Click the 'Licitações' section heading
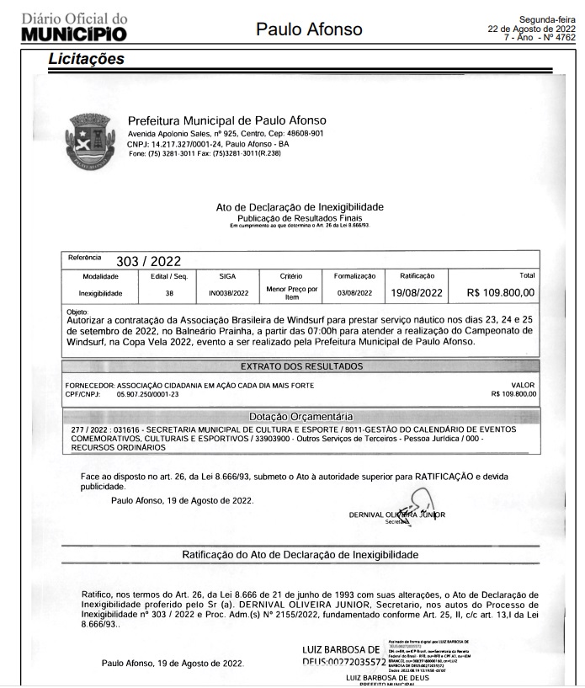point(86,59)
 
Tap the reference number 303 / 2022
point(147,261)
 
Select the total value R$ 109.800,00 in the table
point(500,293)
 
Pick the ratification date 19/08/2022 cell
point(417,293)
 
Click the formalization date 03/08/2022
point(354,293)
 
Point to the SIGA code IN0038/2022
point(228,293)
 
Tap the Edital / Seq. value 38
point(169,293)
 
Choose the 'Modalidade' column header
point(100,275)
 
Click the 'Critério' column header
point(290,275)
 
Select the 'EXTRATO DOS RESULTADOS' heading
point(301,366)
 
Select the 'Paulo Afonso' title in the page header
point(309,29)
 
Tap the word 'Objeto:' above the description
point(77,312)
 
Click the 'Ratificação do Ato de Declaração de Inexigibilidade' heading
point(300,555)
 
